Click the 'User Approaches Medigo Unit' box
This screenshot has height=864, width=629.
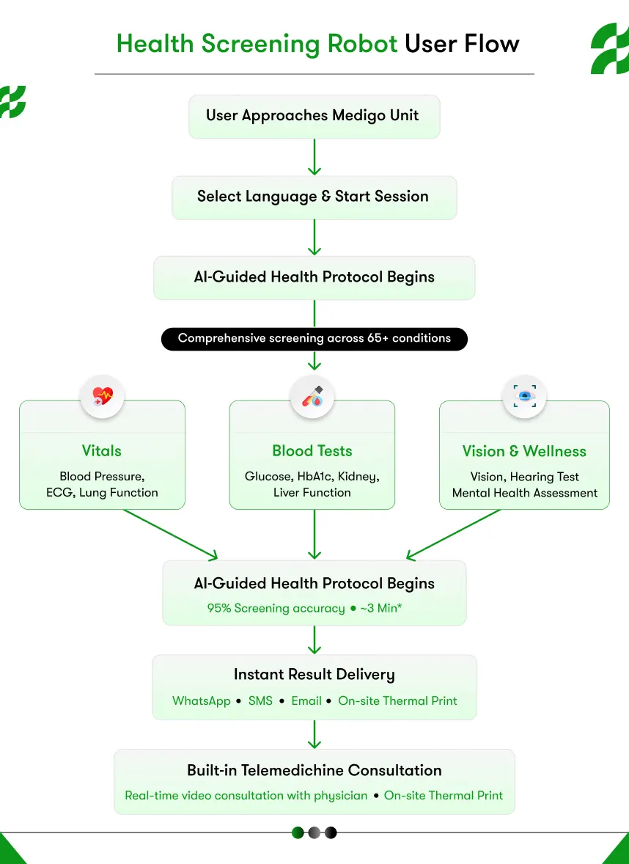click(x=314, y=116)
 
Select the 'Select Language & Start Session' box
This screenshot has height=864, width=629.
click(x=314, y=197)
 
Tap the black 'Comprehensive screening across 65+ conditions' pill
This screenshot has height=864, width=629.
click(x=314, y=339)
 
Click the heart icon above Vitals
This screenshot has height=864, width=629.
click(x=102, y=397)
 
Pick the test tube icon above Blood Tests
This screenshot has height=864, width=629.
click(x=312, y=397)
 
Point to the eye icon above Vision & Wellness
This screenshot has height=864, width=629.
click(x=524, y=397)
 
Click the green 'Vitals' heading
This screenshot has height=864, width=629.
click(x=102, y=451)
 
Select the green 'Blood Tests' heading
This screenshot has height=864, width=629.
click(x=312, y=451)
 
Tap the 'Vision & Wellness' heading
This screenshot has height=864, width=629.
click(x=524, y=451)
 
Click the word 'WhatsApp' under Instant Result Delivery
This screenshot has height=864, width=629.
click(x=202, y=700)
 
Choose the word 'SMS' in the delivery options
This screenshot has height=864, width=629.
click(x=260, y=700)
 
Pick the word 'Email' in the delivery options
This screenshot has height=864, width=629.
click(x=306, y=700)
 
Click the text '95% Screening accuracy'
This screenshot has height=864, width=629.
click(x=276, y=608)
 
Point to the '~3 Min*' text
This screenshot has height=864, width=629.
click(x=380, y=608)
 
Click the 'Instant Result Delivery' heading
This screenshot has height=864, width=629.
click(x=314, y=675)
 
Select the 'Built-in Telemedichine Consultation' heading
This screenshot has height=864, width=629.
click(x=314, y=770)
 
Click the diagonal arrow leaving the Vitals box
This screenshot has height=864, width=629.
click(x=171, y=534)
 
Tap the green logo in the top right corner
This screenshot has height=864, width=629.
click(x=609, y=48)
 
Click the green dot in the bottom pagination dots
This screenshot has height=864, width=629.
click(x=298, y=832)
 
